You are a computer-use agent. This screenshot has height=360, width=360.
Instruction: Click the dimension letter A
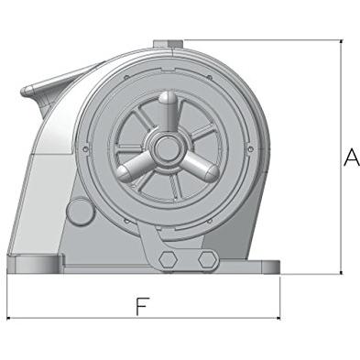[352, 158]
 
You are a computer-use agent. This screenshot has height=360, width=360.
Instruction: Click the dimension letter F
[143, 306]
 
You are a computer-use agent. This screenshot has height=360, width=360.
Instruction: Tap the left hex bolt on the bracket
[168, 259]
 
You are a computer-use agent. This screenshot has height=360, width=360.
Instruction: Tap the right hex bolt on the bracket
[208, 259]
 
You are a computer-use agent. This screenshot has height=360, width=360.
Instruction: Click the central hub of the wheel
[167, 149]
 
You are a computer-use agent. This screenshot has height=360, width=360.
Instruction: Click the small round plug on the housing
[80, 212]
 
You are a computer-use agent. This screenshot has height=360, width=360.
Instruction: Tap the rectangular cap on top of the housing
[168, 44]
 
